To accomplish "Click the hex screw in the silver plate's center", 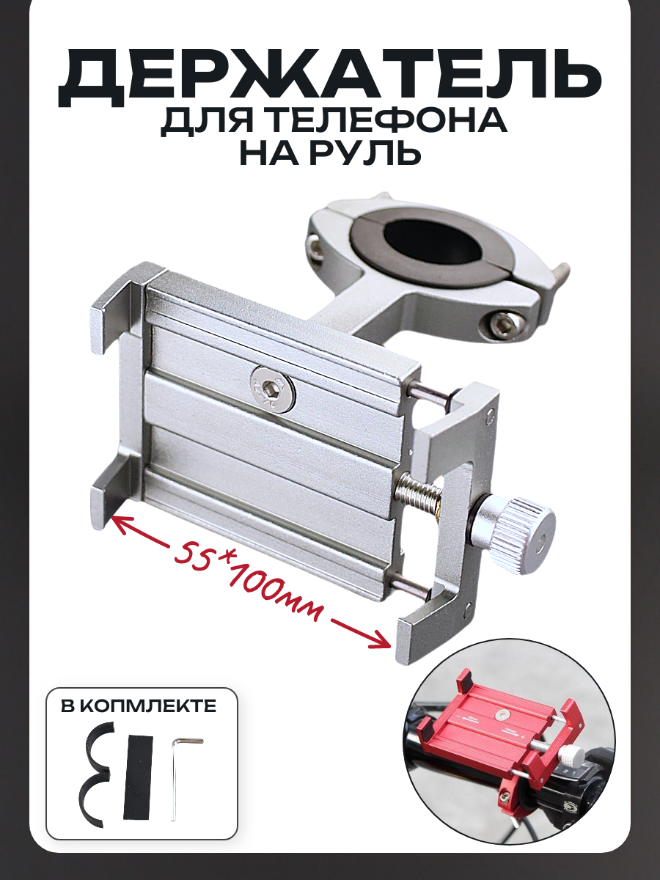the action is pyautogui.click(x=274, y=386).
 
